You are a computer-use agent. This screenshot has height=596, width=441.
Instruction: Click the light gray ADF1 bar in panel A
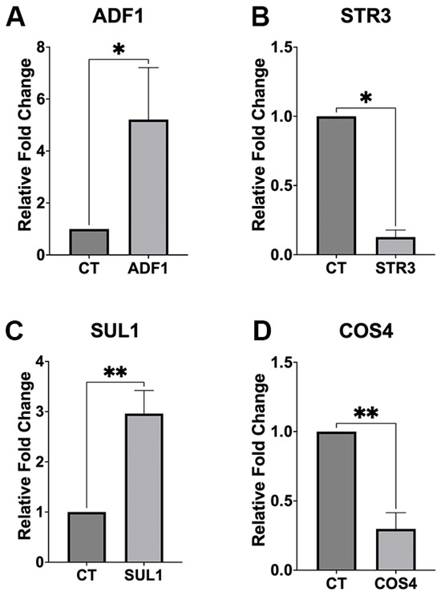(148, 187)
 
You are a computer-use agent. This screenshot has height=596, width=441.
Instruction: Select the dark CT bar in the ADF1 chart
(89, 241)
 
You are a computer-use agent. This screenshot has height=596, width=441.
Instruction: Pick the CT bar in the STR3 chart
(336, 185)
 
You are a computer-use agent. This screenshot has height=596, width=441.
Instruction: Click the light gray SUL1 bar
(144, 488)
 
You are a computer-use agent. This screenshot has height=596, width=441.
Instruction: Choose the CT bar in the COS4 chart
(336, 501)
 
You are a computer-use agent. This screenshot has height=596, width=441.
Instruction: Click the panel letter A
(15, 18)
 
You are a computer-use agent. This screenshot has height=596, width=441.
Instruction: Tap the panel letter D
(261, 331)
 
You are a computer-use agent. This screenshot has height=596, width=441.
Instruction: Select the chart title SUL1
(115, 331)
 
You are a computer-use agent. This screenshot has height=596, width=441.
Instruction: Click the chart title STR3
(366, 18)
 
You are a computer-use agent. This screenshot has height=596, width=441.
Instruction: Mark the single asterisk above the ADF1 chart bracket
(119, 50)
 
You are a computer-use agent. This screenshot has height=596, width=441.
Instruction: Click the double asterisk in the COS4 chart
(366, 414)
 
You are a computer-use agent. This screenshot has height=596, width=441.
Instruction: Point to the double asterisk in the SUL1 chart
(115, 373)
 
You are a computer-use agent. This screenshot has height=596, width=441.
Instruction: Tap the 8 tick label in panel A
(41, 47)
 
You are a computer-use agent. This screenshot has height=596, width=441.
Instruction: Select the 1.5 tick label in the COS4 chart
(281, 363)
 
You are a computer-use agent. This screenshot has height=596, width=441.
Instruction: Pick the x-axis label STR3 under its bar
(396, 269)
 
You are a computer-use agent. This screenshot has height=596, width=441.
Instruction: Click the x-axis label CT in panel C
(87, 575)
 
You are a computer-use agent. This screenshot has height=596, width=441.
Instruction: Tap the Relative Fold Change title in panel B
(259, 144)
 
